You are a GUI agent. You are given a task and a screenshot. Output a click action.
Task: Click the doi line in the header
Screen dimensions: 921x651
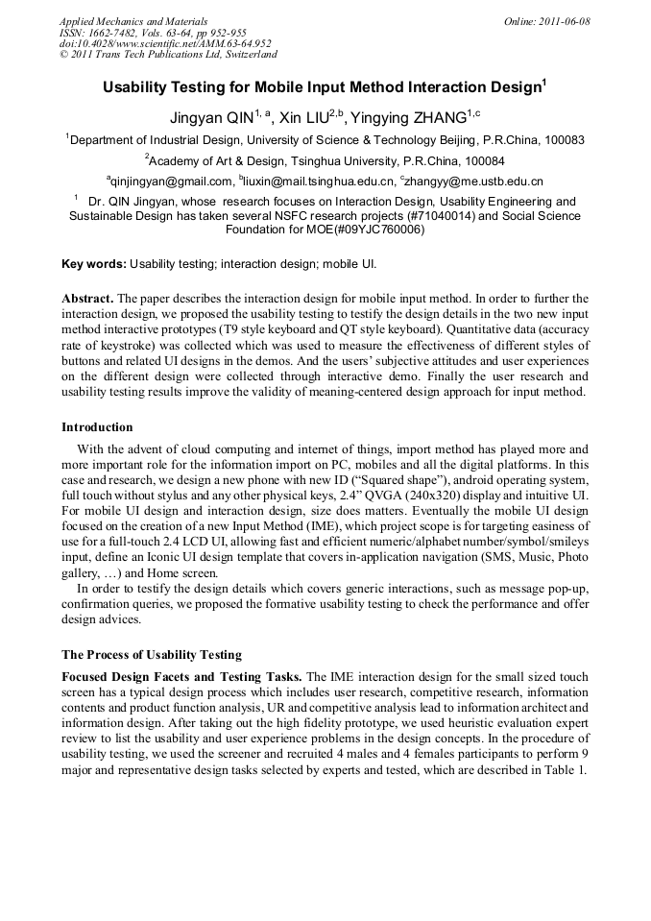tap(165, 43)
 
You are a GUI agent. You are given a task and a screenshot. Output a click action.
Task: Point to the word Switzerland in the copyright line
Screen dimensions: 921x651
tap(244, 54)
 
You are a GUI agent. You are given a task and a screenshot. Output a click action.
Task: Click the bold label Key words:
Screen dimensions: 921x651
tap(93, 262)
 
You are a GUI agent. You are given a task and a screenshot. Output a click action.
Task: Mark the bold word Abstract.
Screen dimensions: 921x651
tap(87, 299)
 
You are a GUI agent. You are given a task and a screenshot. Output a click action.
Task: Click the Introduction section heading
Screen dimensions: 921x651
tap(97, 426)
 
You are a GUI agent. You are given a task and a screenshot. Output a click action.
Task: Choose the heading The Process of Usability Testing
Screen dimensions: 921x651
tap(152, 654)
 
